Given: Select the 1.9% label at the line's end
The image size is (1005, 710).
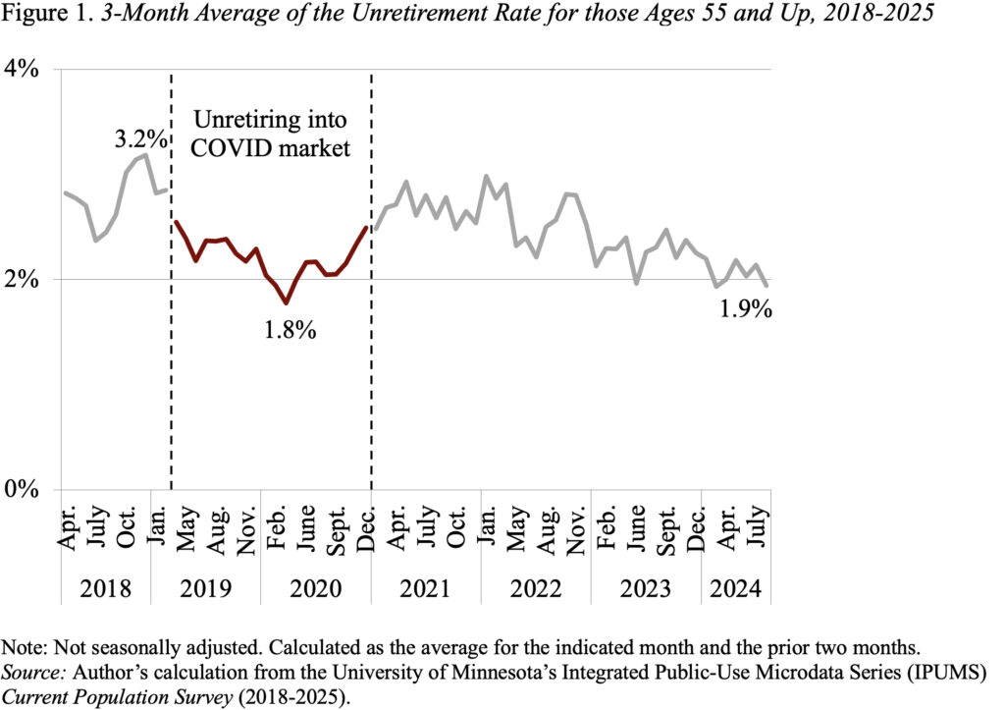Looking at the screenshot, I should [x=743, y=311].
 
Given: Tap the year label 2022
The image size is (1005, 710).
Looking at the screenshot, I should [x=535, y=589].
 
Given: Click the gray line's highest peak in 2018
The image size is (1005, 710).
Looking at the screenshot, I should [x=146, y=155].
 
